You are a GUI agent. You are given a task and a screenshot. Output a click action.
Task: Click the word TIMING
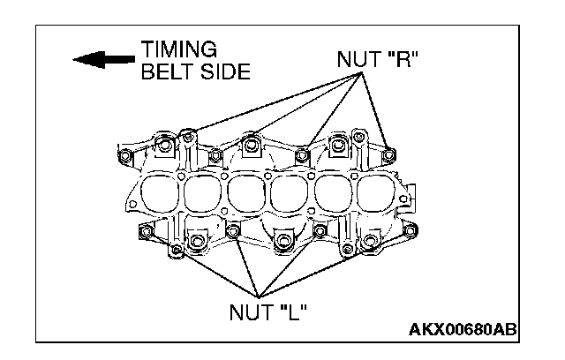(x=178, y=49)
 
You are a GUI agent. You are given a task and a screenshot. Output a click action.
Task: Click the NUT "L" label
(x=267, y=312)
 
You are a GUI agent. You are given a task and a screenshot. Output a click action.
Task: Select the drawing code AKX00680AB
(x=463, y=330)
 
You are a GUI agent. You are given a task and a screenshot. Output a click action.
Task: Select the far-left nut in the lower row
(x=144, y=232)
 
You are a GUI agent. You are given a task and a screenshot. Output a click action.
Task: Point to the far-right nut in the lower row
(x=408, y=233)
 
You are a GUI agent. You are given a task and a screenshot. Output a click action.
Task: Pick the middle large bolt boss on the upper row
(x=252, y=143)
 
